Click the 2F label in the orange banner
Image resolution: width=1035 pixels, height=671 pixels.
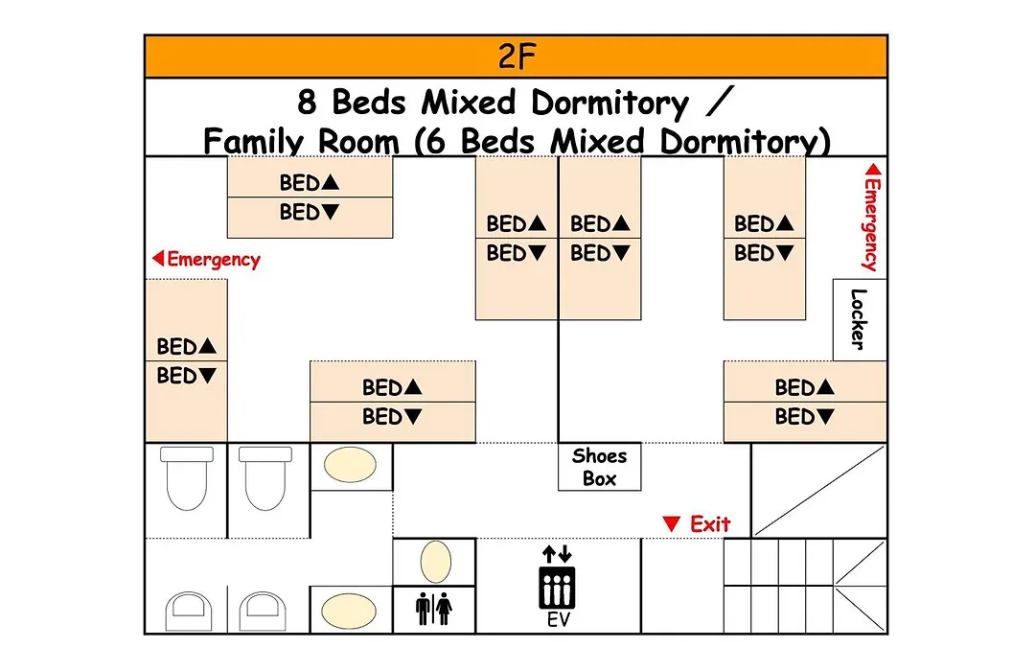[x=517, y=57]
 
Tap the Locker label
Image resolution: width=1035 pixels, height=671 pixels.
[x=858, y=319]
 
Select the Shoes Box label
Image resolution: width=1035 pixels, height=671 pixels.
[x=599, y=467]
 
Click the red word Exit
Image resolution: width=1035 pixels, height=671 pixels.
[x=710, y=523]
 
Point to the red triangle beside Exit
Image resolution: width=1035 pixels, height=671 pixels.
[x=671, y=523]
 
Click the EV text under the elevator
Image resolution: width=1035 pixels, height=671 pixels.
[x=558, y=619]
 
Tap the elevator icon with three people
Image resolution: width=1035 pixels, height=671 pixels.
[x=557, y=588]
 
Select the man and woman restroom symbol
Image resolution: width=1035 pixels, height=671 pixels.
[x=434, y=609]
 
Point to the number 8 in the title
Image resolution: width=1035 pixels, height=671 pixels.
[x=307, y=103]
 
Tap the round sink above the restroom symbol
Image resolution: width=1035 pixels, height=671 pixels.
[x=435, y=562]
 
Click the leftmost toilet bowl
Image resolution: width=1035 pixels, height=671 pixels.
[x=187, y=479]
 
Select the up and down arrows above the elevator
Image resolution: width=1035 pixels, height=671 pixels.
[x=557, y=553]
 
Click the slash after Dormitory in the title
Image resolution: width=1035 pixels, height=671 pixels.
[x=720, y=103]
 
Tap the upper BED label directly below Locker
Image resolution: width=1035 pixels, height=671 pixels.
[x=805, y=387]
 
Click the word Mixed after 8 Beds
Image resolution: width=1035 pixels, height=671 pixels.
[x=469, y=103]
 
